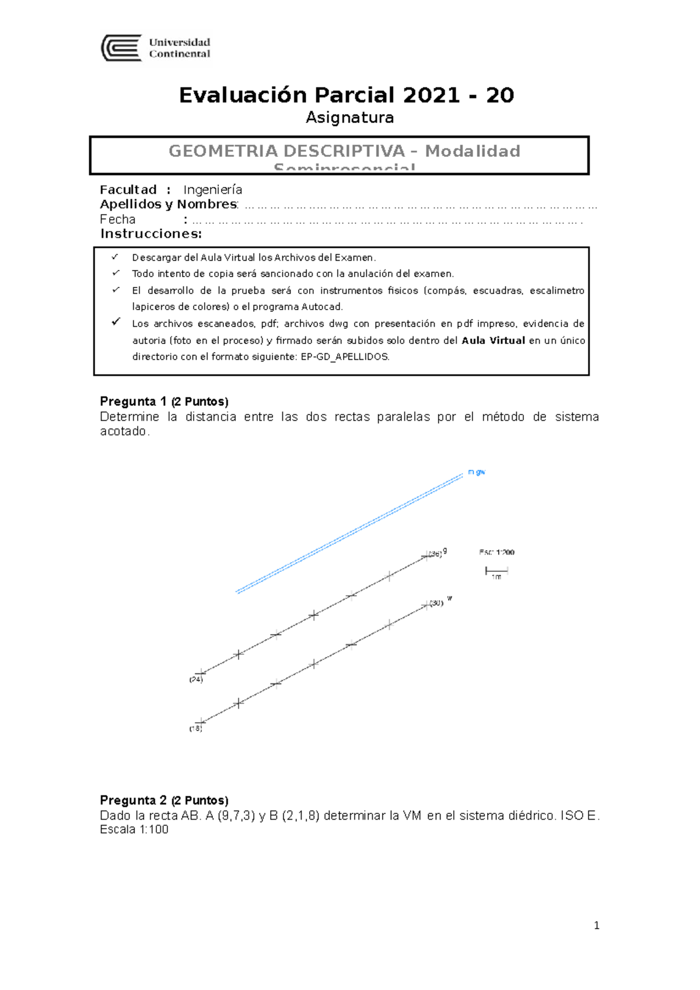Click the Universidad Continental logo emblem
121,48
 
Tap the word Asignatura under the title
349,118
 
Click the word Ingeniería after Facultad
212,190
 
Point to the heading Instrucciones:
150,234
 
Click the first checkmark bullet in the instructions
115,257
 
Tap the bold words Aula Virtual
493,340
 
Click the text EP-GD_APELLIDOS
344,357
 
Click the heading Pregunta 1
133,402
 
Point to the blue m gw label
477,472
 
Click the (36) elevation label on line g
435,554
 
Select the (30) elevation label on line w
436,603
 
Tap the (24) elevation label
196,679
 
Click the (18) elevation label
195,728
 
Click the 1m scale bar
496,571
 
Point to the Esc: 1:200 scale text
496,552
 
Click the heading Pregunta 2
133,801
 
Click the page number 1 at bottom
596,925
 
